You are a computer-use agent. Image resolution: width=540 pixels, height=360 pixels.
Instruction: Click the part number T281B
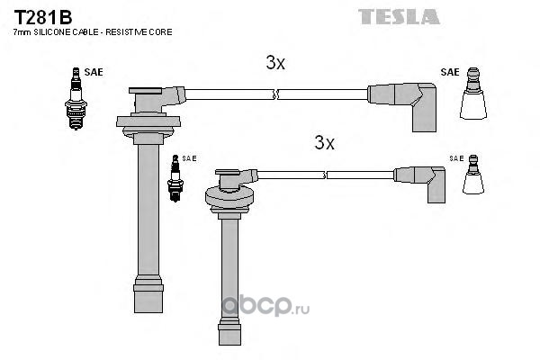tap(42, 17)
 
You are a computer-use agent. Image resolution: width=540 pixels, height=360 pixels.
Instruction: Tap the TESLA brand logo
tap(399, 16)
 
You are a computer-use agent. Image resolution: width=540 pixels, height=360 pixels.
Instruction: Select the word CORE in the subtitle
tap(163, 32)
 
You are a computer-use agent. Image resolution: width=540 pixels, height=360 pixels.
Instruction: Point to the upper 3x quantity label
tap(275, 63)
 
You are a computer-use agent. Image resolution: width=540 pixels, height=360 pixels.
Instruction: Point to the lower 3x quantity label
tap(324, 142)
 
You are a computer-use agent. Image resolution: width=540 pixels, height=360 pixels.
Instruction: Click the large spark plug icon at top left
tap(76, 98)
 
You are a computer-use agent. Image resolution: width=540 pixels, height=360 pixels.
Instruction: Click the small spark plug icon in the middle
tap(175, 178)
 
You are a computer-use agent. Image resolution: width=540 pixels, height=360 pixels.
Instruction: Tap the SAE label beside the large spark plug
tap(94, 72)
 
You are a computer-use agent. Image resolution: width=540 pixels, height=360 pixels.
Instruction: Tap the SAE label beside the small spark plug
tap(189, 158)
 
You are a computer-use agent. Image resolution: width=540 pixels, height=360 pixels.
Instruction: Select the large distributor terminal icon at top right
tap(473, 94)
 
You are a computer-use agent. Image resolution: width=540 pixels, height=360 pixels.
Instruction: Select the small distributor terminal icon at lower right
tap(473, 175)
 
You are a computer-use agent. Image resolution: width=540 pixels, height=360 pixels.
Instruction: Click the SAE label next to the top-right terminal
tap(450, 72)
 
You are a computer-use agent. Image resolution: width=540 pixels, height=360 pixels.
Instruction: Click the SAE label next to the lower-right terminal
tap(456, 158)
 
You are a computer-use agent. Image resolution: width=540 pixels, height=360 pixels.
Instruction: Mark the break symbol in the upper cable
tap(275, 94)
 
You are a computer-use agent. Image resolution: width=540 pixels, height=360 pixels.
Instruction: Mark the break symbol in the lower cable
tap(324, 175)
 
